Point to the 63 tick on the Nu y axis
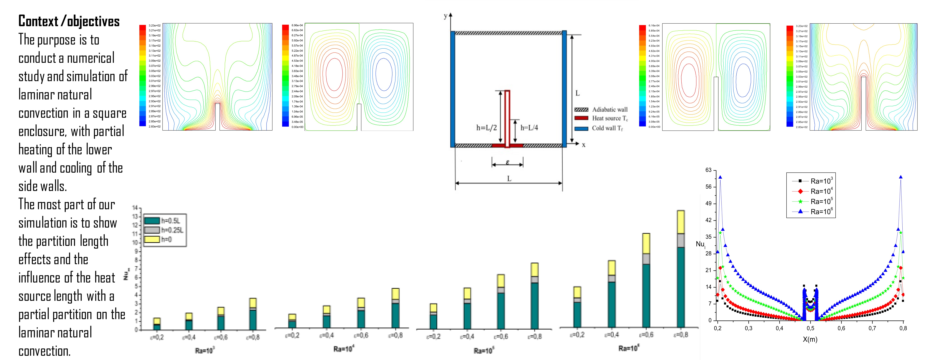(708, 170)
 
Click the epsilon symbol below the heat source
(507, 162)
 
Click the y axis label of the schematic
(445, 16)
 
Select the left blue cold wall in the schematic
(453, 89)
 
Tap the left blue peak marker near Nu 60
(720, 177)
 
